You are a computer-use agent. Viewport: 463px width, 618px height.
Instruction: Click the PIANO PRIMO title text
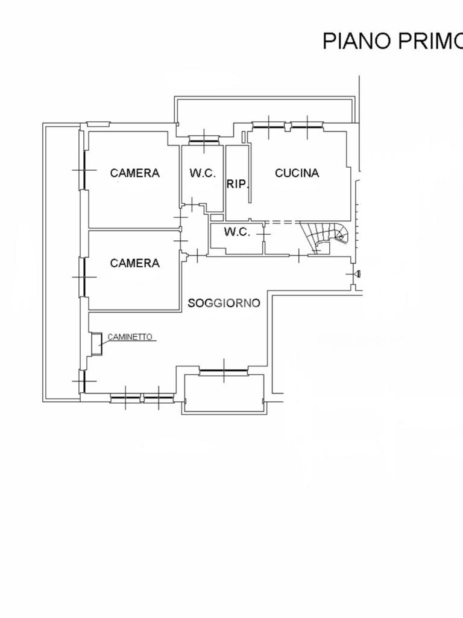point(393,41)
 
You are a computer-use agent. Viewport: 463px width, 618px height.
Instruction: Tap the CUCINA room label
point(297,173)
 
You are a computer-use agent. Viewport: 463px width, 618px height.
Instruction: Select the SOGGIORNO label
point(224,303)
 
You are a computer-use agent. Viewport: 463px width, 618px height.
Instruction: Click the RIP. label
point(238,183)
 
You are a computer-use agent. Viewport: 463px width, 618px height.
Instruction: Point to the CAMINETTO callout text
point(130,337)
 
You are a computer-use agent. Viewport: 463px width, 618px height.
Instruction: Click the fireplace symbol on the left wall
point(96,344)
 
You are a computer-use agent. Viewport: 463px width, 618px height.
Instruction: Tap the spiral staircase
point(325,237)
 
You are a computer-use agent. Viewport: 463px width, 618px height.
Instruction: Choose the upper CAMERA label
point(134,173)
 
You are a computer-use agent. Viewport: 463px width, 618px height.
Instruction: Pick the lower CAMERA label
point(134,263)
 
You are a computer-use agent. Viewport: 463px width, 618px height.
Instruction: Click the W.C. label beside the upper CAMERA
point(203,173)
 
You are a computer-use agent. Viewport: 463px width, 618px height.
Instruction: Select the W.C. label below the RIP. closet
point(237,232)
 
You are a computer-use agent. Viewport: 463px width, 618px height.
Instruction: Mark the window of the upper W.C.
point(204,140)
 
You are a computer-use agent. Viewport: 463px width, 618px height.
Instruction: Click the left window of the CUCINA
point(268,126)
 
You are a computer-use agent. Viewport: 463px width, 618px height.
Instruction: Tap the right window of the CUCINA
point(307,126)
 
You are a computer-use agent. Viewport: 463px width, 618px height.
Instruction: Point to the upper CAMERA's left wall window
point(84,170)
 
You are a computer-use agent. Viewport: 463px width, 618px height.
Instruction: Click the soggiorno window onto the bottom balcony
point(224,371)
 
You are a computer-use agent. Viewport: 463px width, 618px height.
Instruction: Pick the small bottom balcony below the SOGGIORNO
point(224,393)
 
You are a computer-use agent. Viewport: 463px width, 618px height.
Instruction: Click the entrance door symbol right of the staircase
point(356,274)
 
